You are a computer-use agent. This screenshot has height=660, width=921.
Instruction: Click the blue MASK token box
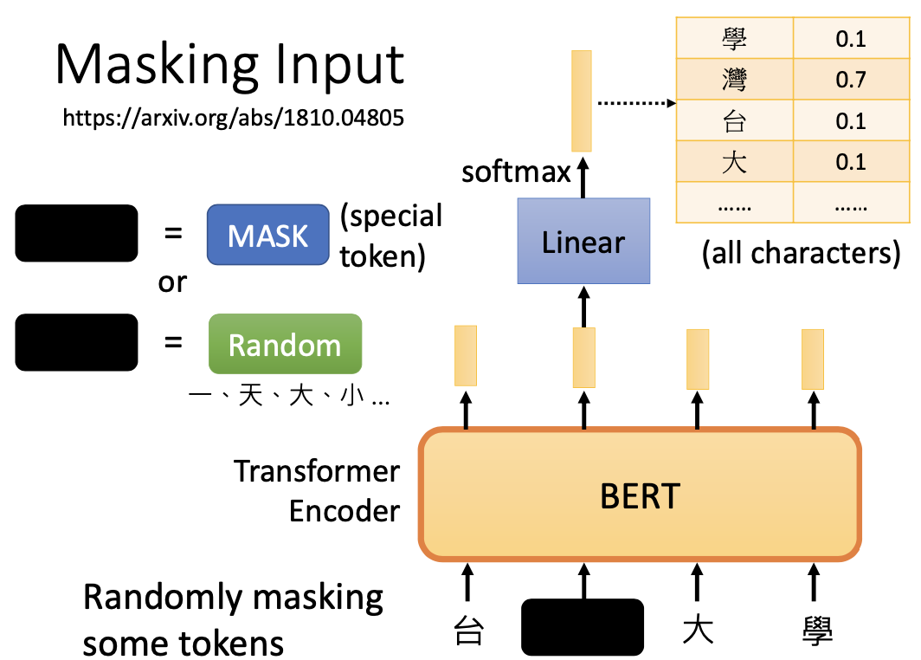pos(268,234)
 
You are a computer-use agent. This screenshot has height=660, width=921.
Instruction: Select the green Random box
pos(285,344)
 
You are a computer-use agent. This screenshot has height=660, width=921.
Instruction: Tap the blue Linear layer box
pos(583,241)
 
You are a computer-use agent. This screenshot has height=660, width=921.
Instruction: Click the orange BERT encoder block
pos(640,495)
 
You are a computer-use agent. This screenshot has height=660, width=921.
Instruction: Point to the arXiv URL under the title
pos(233,118)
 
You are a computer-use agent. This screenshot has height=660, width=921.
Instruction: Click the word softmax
pos(517,171)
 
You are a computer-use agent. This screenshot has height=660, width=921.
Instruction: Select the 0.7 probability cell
pos(851,81)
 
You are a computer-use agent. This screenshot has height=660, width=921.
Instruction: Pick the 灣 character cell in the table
pos(734,81)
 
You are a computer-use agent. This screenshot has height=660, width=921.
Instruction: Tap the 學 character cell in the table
pos(734,39)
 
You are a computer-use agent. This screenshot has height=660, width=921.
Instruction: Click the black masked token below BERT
pos(583,626)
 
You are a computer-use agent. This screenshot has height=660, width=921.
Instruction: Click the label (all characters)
pos(801,253)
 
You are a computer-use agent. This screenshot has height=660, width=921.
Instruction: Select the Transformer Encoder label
pos(318,491)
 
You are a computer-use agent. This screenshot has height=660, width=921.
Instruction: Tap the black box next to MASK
pos(76,233)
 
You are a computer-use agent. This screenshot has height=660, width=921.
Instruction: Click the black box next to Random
pos(76,343)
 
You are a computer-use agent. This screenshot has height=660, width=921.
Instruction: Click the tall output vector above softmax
pos(582,100)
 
